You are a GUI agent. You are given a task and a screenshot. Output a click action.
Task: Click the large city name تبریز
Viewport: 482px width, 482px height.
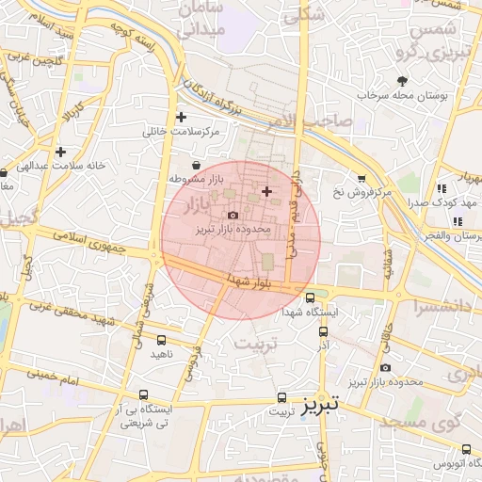point(325,406)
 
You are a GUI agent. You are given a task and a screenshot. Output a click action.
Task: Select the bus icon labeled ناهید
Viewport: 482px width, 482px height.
point(161,341)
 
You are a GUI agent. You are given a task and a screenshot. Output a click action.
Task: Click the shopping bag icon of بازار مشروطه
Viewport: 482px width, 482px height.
point(196,166)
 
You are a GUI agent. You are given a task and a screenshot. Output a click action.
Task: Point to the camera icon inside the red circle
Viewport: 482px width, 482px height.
point(233,216)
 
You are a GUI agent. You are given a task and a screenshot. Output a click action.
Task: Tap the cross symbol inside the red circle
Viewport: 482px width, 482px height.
point(266,191)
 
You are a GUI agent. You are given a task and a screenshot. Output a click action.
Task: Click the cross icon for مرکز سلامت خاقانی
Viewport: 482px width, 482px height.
point(181,118)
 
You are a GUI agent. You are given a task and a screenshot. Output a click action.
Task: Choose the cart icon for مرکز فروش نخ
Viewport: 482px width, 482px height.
point(361,179)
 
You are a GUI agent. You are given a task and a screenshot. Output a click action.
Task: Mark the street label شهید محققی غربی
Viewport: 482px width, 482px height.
point(70,310)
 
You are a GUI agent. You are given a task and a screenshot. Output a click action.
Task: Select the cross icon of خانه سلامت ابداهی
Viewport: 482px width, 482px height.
point(61,152)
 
